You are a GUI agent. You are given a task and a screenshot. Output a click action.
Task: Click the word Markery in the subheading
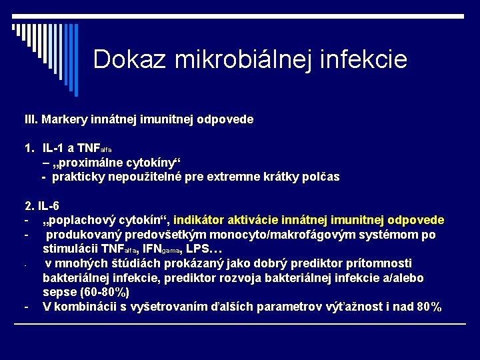65,120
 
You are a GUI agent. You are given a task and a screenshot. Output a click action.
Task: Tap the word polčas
320,177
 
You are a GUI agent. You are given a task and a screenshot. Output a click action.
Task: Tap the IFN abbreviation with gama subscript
160,249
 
